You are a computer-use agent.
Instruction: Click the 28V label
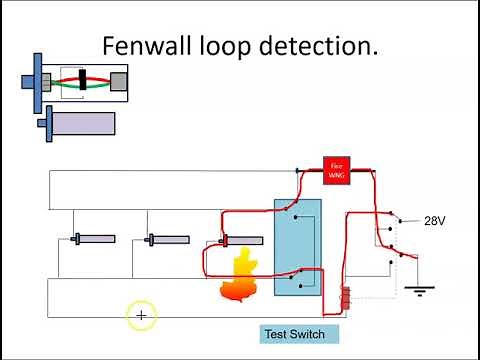[434, 221]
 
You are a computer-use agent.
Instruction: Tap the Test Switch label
[293, 333]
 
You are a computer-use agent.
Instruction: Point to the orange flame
[238, 277]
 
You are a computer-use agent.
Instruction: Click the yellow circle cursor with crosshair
[141, 316]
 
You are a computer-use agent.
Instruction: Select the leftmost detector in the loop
[94, 239]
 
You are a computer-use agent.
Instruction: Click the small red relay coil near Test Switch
[346, 298]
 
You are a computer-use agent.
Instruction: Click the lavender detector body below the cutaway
[81, 123]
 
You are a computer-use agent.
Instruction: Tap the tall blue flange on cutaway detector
[37, 80]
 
